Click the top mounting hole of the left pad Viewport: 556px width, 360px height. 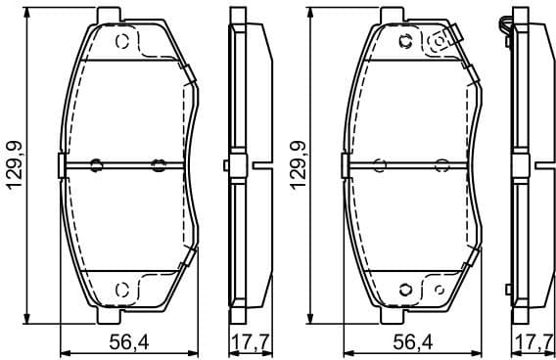pos(122,42)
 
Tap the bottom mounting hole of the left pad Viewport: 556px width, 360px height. pos(122,289)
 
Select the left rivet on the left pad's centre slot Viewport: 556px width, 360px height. pos(96,164)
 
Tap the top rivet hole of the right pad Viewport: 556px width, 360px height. pos(405,41)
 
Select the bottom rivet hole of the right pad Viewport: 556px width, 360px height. pos(405,289)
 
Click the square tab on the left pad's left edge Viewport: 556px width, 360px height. pos(63,165)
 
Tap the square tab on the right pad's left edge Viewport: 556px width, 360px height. pos(346,165)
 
